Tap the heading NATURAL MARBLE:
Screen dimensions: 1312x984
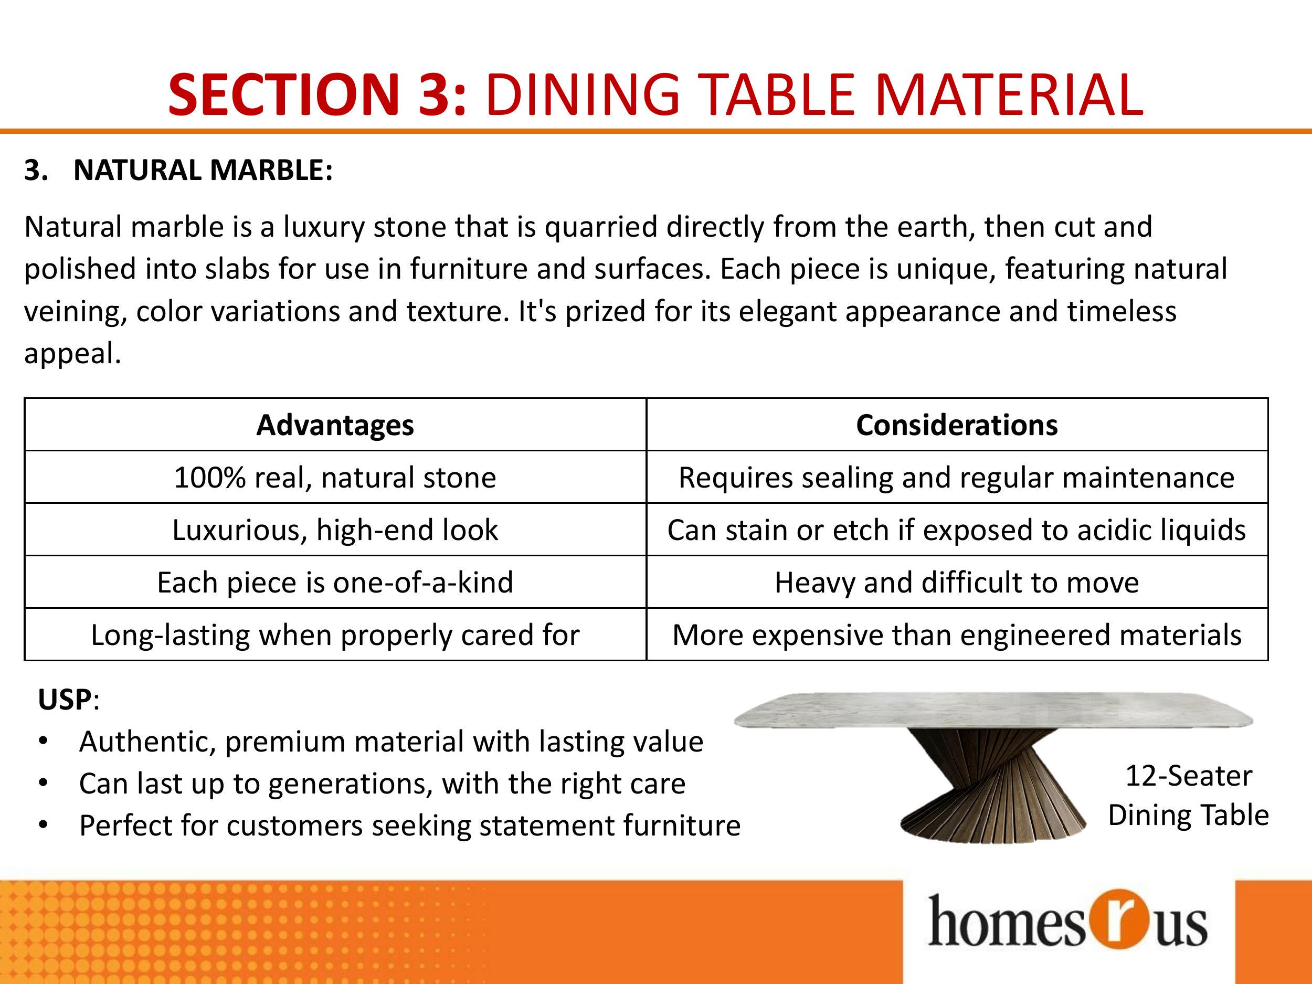pyautogui.click(x=203, y=170)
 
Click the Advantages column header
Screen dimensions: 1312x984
pyautogui.click(x=335, y=425)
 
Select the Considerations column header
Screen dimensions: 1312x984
pyautogui.click(x=957, y=425)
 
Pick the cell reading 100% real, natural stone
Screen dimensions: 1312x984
pyautogui.click(x=335, y=478)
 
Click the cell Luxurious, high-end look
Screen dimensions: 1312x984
pyautogui.click(x=335, y=530)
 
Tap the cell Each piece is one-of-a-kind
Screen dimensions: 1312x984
pyautogui.click(x=335, y=582)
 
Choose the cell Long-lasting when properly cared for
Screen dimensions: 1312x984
pyautogui.click(x=335, y=634)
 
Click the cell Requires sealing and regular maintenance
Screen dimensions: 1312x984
pyautogui.click(x=957, y=478)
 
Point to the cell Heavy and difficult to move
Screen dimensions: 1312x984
pyautogui.click(x=957, y=582)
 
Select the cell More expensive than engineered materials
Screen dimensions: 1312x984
pyautogui.click(x=957, y=634)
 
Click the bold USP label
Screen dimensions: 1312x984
pyautogui.click(x=65, y=700)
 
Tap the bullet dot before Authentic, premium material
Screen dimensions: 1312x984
pyautogui.click(x=42, y=742)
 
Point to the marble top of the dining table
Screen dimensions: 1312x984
pyautogui.click(x=993, y=710)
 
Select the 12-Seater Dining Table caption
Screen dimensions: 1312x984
pyautogui.click(x=1188, y=796)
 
